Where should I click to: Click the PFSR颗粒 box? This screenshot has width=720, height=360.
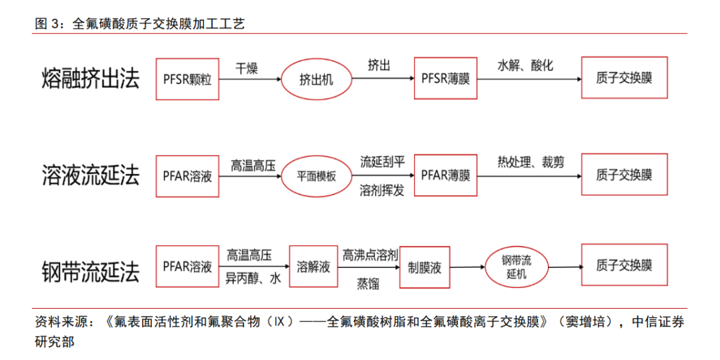click(x=187, y=79)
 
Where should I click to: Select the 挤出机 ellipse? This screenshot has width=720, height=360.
click(x=316, y=80)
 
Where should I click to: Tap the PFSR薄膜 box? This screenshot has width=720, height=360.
click(x=445, y=79)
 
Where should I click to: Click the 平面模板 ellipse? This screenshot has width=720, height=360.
click(x=316, y=177)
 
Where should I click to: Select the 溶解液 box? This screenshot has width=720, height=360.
click(x=313, y=267)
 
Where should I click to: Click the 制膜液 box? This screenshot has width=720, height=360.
click(x=425, y=268)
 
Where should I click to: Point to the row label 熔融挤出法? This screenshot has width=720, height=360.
click(x=91, y=79)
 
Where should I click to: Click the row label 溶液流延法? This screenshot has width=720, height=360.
click(x=91, y=176)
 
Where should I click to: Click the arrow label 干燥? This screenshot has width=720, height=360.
click(x=246, y=67)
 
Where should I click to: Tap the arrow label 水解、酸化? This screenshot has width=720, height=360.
click(x=525, y=66)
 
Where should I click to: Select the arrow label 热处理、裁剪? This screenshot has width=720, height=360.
click(x=531, y=162)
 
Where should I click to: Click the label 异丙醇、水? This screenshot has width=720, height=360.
click(x=253, y=279)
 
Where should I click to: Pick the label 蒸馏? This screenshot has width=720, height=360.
click(x=368, y=283)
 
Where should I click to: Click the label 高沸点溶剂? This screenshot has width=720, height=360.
click(x=371, y=255)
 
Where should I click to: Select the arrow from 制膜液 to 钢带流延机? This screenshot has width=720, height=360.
click(x=465, y=267)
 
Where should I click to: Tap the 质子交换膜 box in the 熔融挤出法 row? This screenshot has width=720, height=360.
click(x=624, y=78)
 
